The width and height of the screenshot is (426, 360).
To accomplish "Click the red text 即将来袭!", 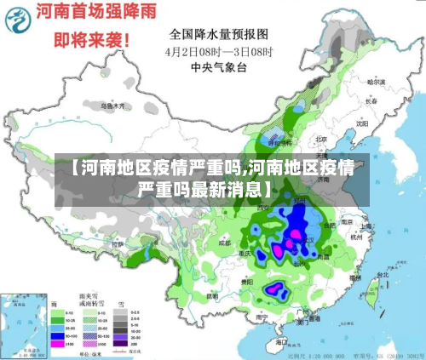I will (x=92, y=40).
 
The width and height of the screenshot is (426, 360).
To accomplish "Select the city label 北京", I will (x=321, y=139).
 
